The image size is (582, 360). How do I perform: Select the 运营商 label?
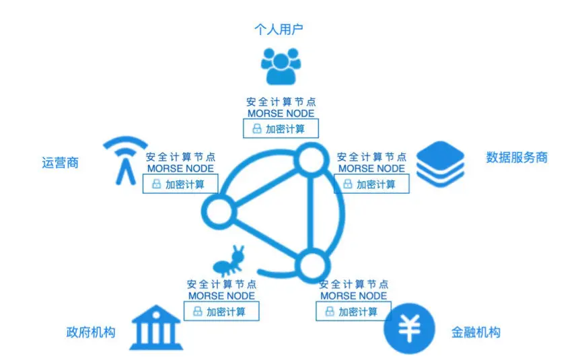[60, 162]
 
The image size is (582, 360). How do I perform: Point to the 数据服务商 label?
[517, 157]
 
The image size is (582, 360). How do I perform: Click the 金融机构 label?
[476, 332]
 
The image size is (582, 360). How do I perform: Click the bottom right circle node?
[310, 263]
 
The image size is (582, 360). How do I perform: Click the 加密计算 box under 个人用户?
[281, 129]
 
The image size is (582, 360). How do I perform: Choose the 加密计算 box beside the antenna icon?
[180, 183]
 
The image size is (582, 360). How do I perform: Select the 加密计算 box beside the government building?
[221, 312]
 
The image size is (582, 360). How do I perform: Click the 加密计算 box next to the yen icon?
[353, 311]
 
